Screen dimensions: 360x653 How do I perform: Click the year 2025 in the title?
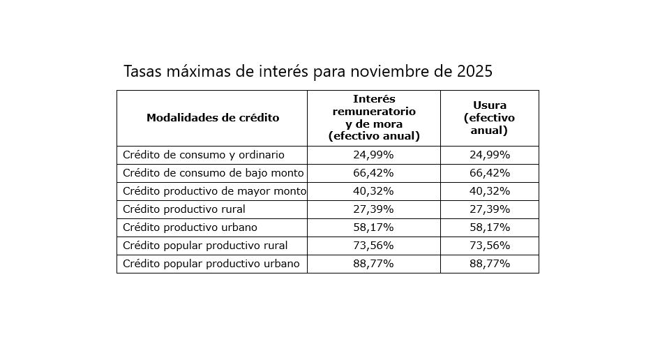[x=475, y=71]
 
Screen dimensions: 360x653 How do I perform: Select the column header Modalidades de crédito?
[x=213, y=117]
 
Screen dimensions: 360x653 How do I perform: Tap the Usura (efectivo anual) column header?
[x=489, y=117]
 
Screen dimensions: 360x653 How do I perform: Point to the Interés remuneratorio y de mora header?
[x=374, y=117]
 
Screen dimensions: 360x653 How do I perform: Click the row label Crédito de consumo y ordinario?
[x=204, y=155]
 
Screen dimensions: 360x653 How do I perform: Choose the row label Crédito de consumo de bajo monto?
[x=213, y=173]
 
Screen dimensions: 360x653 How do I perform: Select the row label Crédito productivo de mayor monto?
[x=214, y=191]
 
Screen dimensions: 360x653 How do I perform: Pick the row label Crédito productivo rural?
[x=184, y=209]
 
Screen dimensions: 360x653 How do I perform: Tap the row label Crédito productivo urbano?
[x=190, y=227]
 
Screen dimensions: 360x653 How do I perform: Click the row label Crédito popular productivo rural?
[x=205, y=246]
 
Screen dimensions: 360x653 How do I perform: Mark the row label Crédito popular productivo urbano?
[x=211, y=264]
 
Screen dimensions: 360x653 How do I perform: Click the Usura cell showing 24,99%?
[x=489, y=155]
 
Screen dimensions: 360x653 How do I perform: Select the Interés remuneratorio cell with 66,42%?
[x=373, y=173]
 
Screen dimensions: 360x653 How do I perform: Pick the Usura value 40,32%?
[x=489, y=191]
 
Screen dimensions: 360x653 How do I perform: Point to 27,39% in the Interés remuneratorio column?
[x=373, y=209]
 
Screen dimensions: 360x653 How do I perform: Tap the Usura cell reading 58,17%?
[x=489, y=227]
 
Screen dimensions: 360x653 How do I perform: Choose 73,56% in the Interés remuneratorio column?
[x=373, y=246]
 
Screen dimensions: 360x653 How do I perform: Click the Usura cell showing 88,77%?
[x=489, y=264]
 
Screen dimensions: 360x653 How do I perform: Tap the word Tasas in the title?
[x=142, y=71]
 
